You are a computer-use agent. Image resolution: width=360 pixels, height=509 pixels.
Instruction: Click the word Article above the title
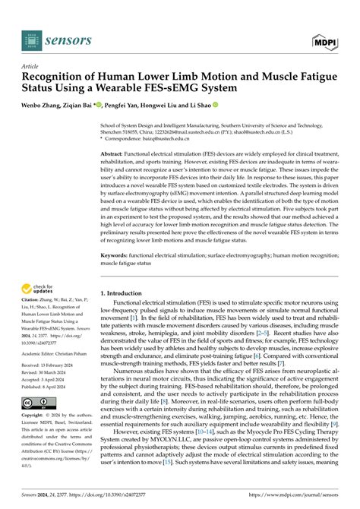click(31, 66)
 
